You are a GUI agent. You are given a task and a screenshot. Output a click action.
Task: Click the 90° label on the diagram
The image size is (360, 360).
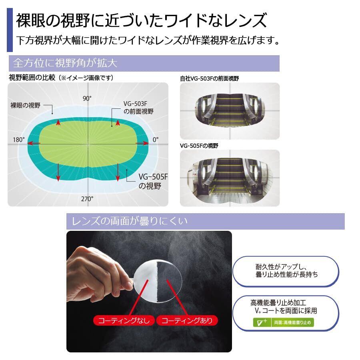[x=87, y=99]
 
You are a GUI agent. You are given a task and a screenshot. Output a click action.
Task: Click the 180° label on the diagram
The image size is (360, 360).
[x=19, y=140]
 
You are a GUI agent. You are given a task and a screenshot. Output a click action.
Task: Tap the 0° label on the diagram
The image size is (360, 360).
[x=156, y=140]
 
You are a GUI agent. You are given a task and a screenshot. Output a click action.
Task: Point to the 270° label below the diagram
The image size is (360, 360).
[x=87, y=198]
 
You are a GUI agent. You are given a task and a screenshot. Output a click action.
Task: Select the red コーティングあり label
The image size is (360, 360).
[x=187, y=320]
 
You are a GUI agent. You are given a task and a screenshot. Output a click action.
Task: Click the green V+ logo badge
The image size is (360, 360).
[x=260, y=322]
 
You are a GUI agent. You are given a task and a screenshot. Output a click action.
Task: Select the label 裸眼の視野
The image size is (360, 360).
[x=26, y=106]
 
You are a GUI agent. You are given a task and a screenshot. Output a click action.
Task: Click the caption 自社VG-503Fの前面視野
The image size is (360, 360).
[x=209, y=78]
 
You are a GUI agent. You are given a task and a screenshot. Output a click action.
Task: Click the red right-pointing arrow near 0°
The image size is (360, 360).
[x=142, y=143]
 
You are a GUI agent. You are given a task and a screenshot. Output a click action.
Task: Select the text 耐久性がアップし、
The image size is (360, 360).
[x=281, y=267]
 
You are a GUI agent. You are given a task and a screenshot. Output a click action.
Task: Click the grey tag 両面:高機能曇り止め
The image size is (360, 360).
[x=292, y=322]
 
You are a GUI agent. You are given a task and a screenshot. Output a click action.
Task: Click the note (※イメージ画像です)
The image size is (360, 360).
[x=86, y=78]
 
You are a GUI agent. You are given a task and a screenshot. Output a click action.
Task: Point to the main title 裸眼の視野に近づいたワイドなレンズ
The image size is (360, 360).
[x=141, y=20]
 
